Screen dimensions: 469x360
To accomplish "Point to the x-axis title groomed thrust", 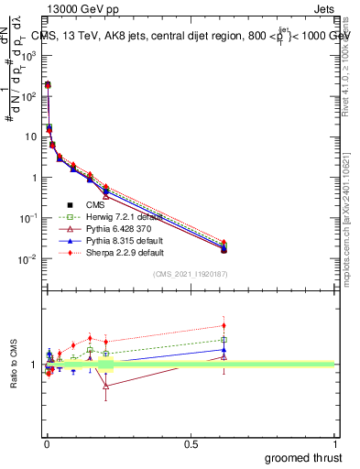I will click(x=303, y=456).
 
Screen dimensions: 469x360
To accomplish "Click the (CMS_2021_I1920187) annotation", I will click(x=190, y=273).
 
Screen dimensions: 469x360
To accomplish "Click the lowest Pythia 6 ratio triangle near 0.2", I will click(x=106, y=386).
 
